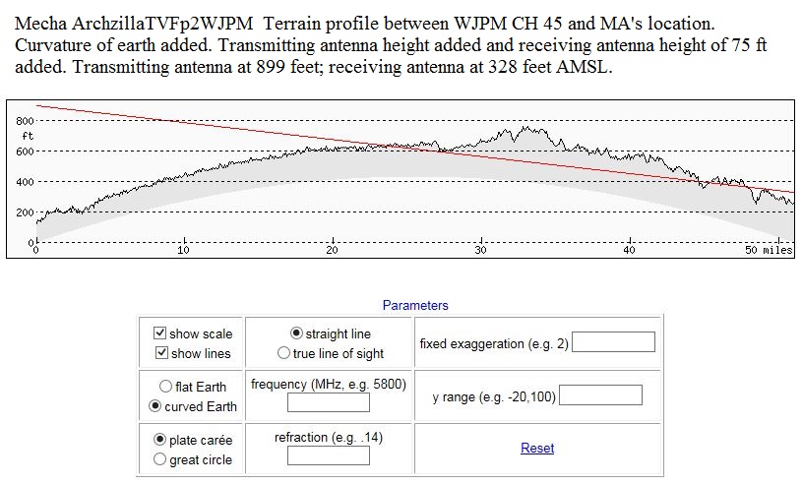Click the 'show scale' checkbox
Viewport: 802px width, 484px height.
point(161,333)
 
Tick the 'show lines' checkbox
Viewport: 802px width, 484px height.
point(161,353)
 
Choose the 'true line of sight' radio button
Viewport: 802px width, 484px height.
point(283,353)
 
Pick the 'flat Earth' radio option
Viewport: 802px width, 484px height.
point(165,387)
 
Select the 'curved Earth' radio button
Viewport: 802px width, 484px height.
point(154,406)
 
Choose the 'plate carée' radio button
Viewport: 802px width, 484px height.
point(160,440)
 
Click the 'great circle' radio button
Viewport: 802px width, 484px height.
point(160,459)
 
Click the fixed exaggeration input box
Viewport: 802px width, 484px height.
point(613,342)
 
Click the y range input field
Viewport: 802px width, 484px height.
point(600,395)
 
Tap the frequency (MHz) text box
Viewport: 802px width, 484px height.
point(328,402)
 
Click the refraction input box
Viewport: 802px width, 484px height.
point(328,455)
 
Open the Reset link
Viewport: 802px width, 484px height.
point(537,449)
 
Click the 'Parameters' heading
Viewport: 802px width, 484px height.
point(415,306)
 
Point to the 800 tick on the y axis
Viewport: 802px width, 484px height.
point(26,120)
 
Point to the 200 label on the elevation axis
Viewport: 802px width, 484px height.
point(26,212)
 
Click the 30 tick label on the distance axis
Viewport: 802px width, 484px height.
point(481,250)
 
